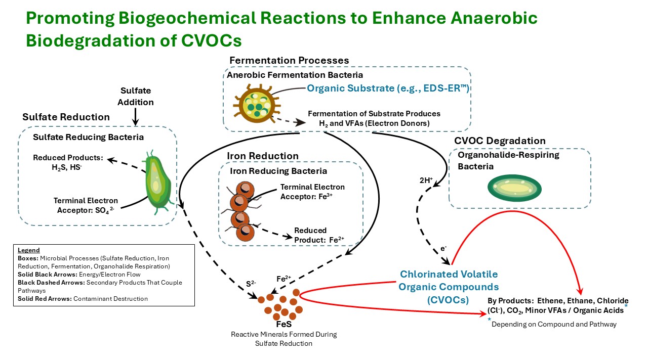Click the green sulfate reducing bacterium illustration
(x=157, y=181)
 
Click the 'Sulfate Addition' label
(x=136, y=96)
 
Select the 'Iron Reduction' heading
(x=263, y=156)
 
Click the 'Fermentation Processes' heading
(x=289, y=61)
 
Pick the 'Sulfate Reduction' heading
(x=66, y=117)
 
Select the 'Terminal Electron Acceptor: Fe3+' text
(x=312, y=192)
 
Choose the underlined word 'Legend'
(x=28, y=250)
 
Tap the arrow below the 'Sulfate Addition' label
(x=135, y=116)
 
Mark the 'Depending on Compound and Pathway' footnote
(x=553, y=324)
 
